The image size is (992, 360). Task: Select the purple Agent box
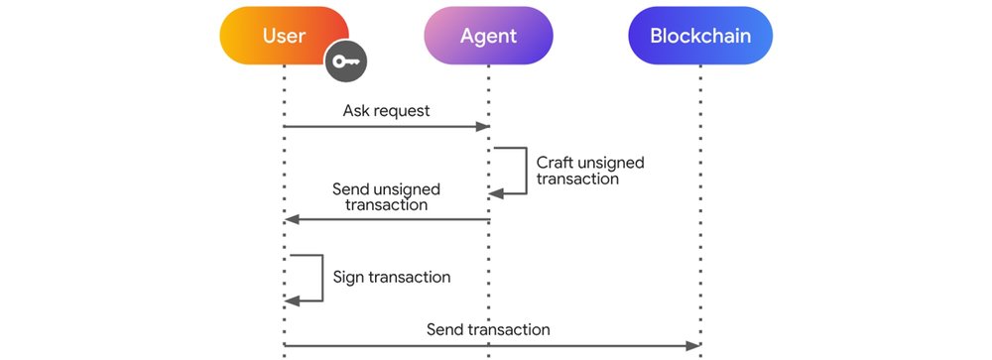[488, 37]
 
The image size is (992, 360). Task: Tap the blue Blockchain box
[700, 37]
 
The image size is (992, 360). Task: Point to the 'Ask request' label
[386, 110]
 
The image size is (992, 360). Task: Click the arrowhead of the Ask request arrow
[486, 127]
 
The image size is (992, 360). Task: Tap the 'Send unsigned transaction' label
[386, 196]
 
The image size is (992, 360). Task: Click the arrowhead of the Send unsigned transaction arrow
[291, 219]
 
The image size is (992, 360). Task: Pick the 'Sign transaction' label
[391, 277]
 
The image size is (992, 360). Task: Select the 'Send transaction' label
[488, 328]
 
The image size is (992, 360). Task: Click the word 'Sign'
[349, 277]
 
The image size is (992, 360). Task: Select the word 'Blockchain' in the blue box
[700, 37]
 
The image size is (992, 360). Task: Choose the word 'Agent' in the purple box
[488, 37]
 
